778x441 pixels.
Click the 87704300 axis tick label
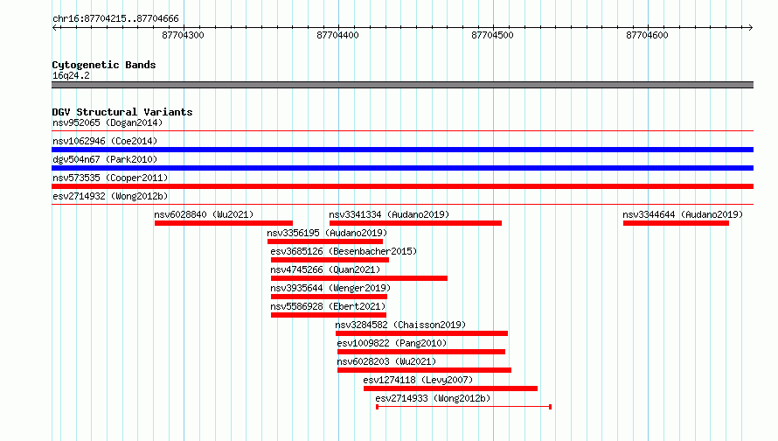[x=183, y=35]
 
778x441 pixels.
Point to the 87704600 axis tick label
[x=647, y=35]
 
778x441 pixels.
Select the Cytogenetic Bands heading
[x=104, y=65]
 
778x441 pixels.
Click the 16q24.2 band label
[x=71, y=75]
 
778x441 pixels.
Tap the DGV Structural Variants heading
[x=122, y=112]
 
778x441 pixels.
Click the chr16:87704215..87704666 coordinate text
[x=115, y=19]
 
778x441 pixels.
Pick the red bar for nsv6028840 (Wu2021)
[x=224, y=223]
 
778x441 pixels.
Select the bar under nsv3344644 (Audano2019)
[x=677, y=223]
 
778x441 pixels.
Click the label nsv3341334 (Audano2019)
[x=389, y=214]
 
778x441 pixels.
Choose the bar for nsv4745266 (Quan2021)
[x=359, y=278]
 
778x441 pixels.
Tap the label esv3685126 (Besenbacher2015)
[x=344, y=251]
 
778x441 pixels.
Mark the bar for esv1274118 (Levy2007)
[x=450, y=388]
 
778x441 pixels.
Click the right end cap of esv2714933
[x=550, y=407]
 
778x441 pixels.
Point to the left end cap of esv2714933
[x=377, y=407]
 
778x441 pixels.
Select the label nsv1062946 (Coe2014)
[x=105, y=141]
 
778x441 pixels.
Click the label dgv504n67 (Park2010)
[x=105, y=159]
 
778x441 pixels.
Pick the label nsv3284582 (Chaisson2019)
[x=400, y=325]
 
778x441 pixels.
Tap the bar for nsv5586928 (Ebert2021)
[x=329, y=315]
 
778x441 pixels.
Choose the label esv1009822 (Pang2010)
[x=392, y=343]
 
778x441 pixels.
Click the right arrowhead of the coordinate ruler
[x=751, y=27]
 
